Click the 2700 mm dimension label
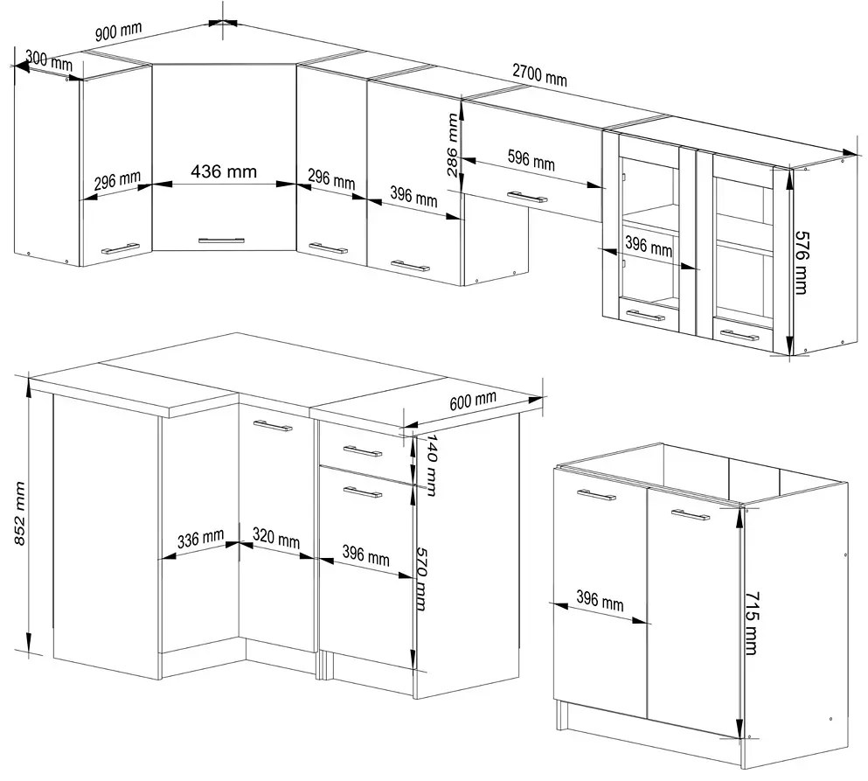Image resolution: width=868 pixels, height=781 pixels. [539, 75]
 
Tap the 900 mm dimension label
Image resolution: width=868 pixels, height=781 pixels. [118, 31]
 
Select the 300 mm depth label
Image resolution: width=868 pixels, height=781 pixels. [49, 59]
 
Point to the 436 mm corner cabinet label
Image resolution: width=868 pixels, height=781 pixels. [224, 171]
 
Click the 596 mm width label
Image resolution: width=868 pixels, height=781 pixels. [531, 159]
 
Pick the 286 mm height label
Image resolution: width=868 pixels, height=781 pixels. [452, 144]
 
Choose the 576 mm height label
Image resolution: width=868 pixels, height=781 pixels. [802, 262]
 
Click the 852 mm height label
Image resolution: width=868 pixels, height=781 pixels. [19, 513]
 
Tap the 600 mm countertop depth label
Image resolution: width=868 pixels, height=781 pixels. [473, 401]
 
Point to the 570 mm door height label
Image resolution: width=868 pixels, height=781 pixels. [421, 579]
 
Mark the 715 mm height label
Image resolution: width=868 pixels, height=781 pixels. [752, 623]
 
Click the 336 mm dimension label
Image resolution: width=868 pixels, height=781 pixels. [200, 539]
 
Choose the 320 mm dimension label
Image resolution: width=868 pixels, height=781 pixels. [276, 539]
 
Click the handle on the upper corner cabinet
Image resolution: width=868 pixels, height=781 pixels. [221, 241]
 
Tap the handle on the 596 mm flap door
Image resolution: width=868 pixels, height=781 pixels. [527, 197]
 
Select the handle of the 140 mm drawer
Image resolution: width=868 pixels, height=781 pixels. [362, 450]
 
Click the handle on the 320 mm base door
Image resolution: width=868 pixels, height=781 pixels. [273, 425]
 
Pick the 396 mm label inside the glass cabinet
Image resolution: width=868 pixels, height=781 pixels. [649, 246]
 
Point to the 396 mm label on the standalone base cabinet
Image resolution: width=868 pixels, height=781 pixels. [600, 601]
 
